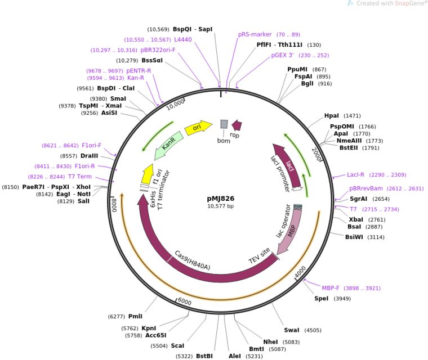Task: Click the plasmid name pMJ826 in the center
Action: click(x=221, y=199)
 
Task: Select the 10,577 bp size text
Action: click(x=221, y=206)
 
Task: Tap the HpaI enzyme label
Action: click(x=332, y=115)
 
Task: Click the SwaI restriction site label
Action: click(x=292, y=330)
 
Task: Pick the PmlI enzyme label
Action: click(x=135, y=317)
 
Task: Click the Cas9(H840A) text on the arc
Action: click(x=192, y=260)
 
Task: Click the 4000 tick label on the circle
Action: click(x=301, y=272)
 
